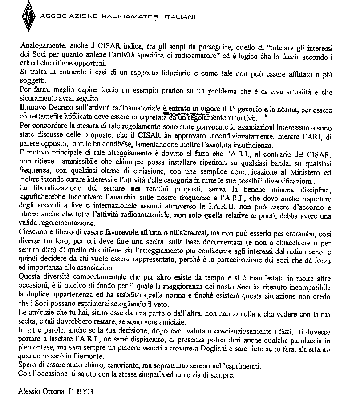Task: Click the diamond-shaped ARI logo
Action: point(28,17)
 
